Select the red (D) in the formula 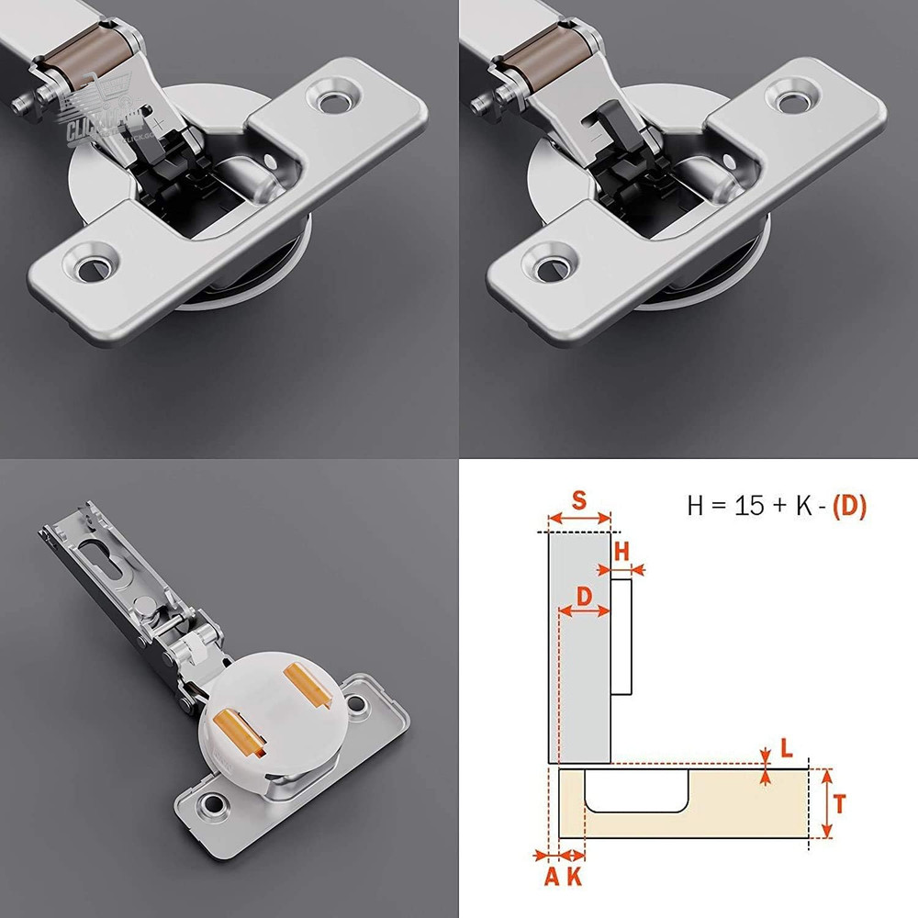(x=848, y=506)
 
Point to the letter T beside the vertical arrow (x=840, y=805)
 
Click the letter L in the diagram (x=786, y=748)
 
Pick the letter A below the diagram (x=551, y=877)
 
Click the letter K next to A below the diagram (x=575, y=877)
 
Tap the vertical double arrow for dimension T (x=826, y=804)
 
